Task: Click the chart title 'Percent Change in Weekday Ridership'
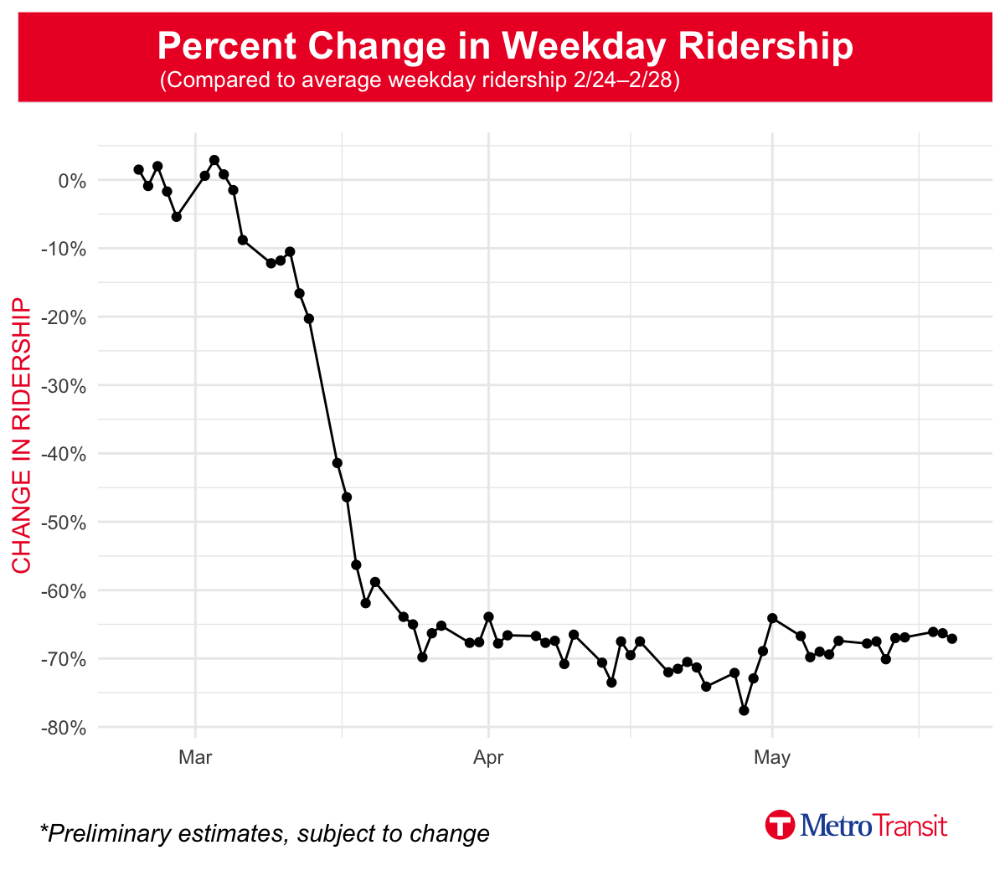point(505,45)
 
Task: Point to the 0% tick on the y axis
point(72,181)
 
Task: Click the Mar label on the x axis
point(195,758)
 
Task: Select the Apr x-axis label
point(488,758)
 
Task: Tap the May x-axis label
point(771,758)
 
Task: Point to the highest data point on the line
point(214,160)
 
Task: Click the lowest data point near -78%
point(744,710)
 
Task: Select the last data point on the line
point(952,639)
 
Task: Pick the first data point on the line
point(138,169)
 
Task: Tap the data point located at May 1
point(772,618)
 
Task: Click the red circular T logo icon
point(780,825)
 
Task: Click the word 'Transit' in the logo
point(911,826)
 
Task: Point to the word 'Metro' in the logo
point(836,826)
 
